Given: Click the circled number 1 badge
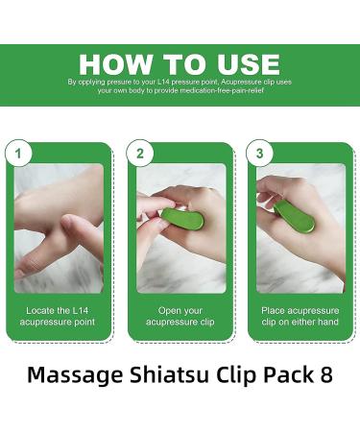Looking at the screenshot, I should [17, 152].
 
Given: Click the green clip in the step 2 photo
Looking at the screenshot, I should [175, 224].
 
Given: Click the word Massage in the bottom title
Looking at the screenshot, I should [72, 375].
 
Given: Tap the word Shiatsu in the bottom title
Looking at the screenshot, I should [163, 375].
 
